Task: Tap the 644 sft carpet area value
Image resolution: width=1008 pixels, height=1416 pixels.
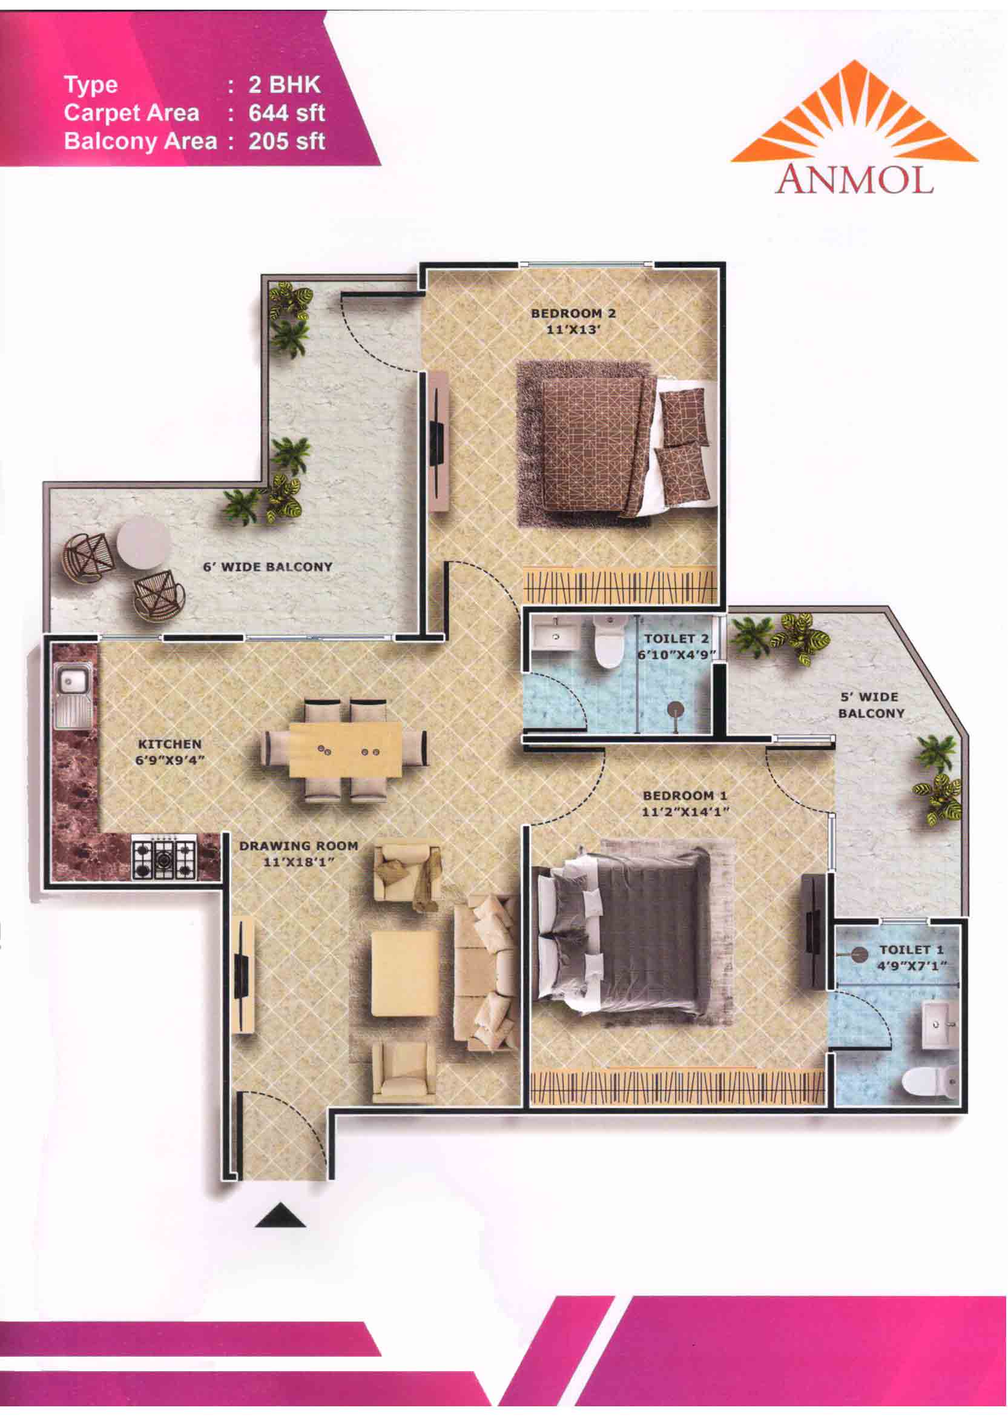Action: [287, 113]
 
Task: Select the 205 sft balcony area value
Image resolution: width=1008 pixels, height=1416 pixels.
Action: [287, 142]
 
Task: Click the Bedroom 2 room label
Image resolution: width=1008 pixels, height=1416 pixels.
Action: [573, 314]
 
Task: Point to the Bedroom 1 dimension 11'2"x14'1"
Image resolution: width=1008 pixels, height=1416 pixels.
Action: [685, 812]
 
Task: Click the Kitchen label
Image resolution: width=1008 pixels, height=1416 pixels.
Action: [170, 744]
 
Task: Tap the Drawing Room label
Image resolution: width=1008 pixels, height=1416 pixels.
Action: [298, 845]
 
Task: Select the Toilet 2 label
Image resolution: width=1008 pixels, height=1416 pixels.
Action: [676, 638]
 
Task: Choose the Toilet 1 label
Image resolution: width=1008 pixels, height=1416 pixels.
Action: [911, 950]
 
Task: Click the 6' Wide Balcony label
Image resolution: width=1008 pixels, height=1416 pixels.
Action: [268, 567]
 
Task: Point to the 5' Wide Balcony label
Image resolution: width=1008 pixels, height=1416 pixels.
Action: [871, 705]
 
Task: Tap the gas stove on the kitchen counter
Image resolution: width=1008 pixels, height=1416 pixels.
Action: [164, 856]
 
